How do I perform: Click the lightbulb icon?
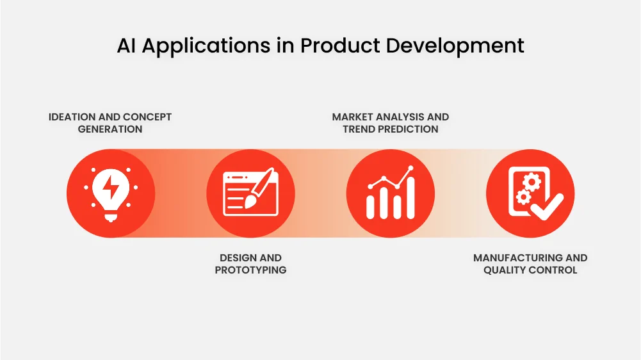click(x=111, y=193)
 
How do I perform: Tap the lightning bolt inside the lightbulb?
click(x=111, y=188)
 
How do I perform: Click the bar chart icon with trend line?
click(x=391, y=193)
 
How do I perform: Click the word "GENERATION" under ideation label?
click(x=110, y=129)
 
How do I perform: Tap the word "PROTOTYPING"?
click(x=250, y=270)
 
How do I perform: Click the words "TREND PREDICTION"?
click(x=391, y=129)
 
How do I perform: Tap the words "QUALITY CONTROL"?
click(x=530, y=270)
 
